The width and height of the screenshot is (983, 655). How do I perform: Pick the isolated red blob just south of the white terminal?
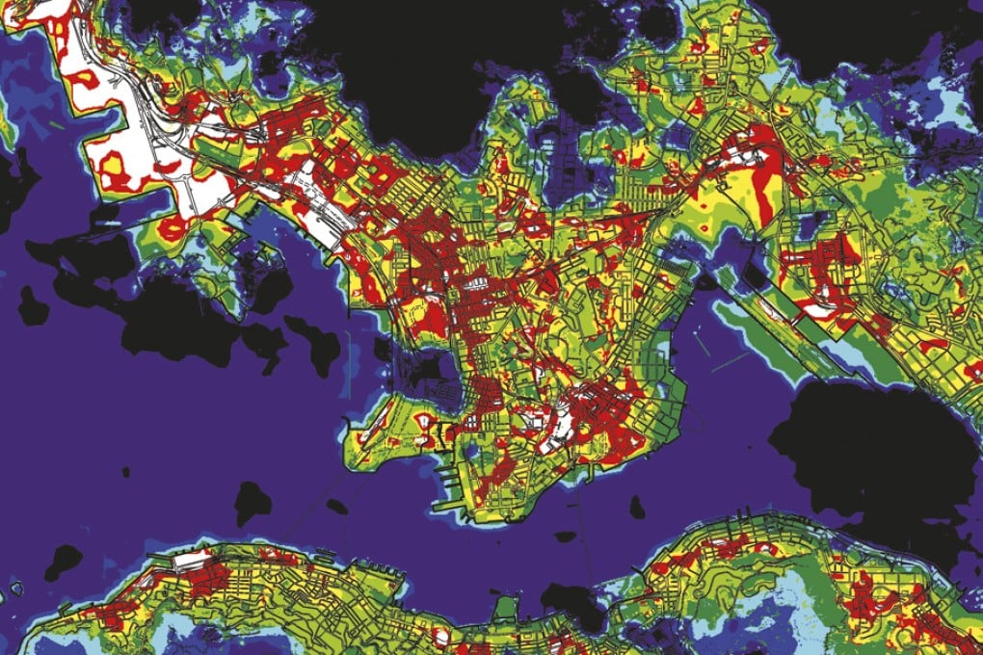[x=171, y=229]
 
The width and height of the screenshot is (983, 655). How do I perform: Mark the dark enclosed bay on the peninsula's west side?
[x=424, y=370]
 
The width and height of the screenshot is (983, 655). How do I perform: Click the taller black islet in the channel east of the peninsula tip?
[x=637, y=506]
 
